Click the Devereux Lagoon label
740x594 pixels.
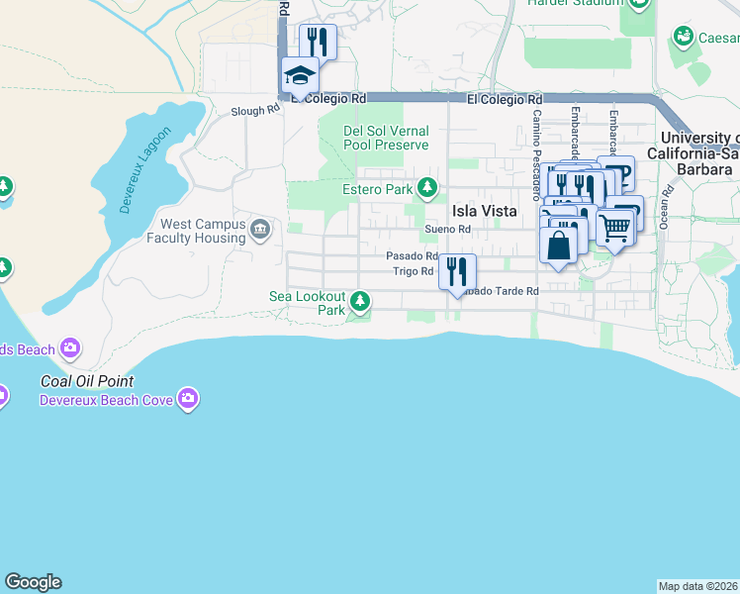pyautogui.click(x=145, y=169)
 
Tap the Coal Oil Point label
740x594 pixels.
pyautogui.click(x=87, y=381)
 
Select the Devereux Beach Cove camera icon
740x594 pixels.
pyautogui.click(x=188, y=400)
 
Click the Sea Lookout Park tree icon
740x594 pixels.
pyautogui.click(x=361, y=300)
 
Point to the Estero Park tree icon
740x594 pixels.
pyautogui.click(x=426, y=187)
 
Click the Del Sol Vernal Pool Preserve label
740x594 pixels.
pyautogui.click(x=386, y=138)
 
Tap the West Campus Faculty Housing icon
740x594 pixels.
pyautogui.click(x=260, y=231)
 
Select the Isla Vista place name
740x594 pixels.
pyautogui.click(x=485, y=210)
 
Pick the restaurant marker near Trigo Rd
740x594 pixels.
pyautogui.click(x=457, y=270)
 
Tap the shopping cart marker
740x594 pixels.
pyautogui.click(x=614, y=230)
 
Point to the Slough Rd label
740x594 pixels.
pyautogui.click(x=255, y=111)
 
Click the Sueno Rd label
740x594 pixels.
pyautogui.click(x=447, y=230)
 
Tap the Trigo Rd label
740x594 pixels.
pyautogui.click(x=414, y=270)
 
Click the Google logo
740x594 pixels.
pyautogui.click(x=33, y=582)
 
